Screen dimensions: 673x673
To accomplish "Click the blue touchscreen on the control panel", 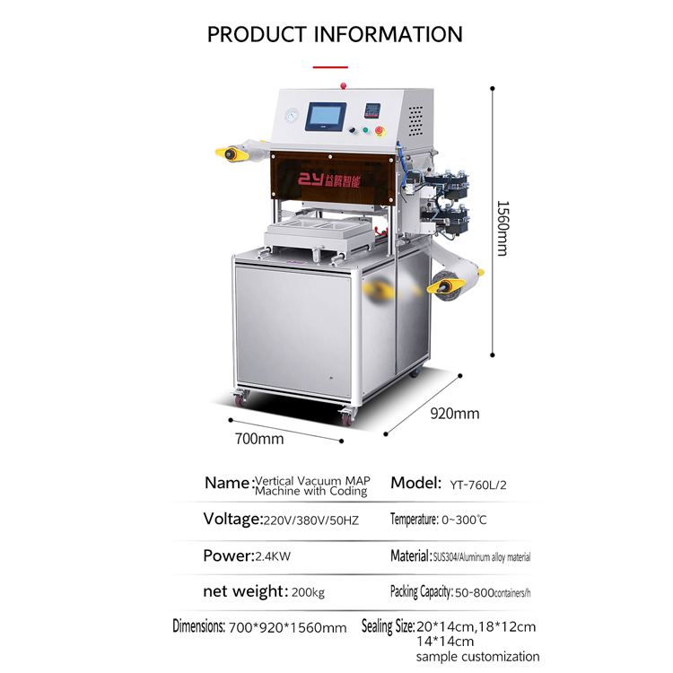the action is point(326,117).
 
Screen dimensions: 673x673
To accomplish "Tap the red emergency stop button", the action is point(380,130).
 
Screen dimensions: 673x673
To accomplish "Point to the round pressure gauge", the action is point(292,116).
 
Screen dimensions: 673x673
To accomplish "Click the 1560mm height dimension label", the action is point(503,228).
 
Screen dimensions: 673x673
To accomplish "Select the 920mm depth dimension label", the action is point(455,414).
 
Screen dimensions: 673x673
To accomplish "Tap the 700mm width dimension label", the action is point(259,439).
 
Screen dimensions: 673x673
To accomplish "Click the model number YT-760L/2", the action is point(478,485).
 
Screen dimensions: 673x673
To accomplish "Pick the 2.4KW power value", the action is point(273,556).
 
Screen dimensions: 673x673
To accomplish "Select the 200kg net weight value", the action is point(308,593).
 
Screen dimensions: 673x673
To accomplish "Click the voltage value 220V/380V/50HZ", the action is point(310,520).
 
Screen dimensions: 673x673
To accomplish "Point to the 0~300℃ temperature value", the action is point(464,520).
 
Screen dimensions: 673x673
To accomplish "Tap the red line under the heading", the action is point(330,67).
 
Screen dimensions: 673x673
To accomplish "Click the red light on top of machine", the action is point(343,85).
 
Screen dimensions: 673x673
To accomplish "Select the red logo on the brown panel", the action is point(328,179).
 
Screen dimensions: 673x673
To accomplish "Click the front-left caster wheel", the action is point(240,398).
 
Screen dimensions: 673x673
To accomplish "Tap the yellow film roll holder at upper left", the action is point(232,153).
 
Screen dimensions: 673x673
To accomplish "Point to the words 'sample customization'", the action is point(477,656).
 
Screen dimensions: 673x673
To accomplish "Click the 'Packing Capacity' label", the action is point(420,592).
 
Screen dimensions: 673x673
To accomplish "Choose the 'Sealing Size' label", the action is point(387,626).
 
